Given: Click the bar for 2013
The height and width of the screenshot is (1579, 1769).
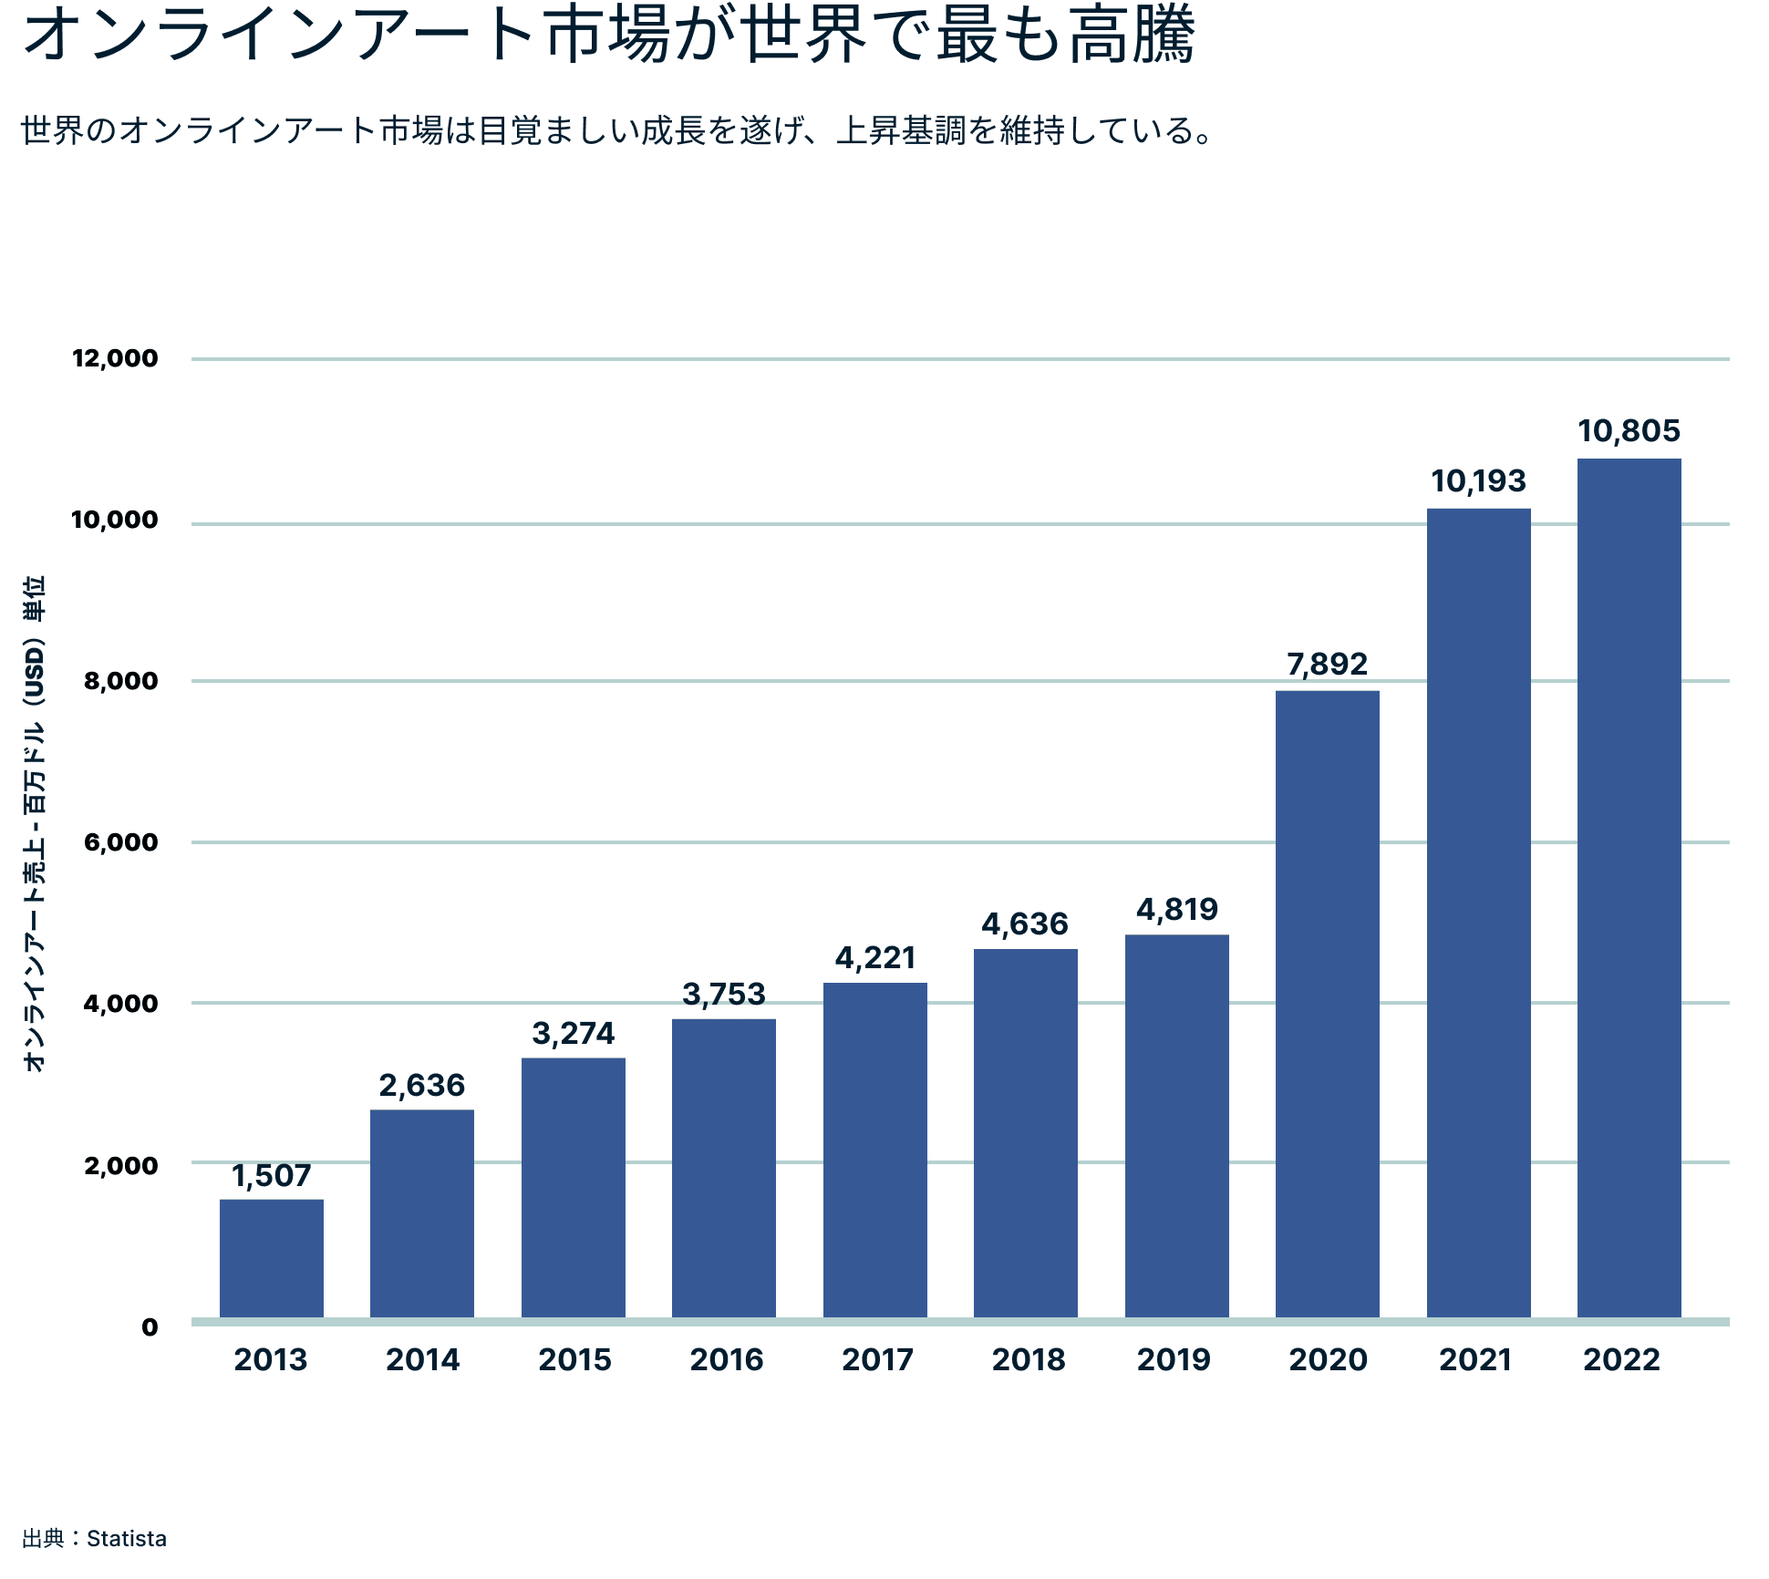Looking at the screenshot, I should point(272,1258).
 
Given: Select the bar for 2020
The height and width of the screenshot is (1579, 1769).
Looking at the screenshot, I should point(1327,1003).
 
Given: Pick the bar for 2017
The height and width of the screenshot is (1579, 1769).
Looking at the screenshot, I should point(874,1149).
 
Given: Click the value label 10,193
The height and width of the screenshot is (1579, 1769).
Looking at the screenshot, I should point(1478,481).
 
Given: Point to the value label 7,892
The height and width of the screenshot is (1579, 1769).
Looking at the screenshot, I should point(1327,664).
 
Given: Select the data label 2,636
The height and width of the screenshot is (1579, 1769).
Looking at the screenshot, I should point(422,1085).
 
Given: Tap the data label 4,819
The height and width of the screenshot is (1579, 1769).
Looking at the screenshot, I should point(1176,909).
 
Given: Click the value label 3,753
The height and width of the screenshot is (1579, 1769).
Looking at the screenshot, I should point(724,994).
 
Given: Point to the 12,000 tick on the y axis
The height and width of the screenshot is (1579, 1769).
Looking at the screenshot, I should point(116,358).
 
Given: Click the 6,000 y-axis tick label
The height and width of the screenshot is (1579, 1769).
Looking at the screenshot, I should point(121,842).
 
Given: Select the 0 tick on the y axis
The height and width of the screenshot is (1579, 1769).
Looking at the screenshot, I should point(150,1327).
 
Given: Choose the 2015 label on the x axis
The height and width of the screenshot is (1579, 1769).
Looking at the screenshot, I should point(574,1359).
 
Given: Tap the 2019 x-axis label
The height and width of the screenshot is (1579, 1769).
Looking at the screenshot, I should point(1174,1359).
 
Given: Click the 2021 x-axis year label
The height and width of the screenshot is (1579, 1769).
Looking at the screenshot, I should point(1475,1359).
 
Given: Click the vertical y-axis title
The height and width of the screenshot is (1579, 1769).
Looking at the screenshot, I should point(34,824).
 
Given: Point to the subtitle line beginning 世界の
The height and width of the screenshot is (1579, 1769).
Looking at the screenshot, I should point(616,130).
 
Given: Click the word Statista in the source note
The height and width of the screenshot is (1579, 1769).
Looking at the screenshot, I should point(127,1539).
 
